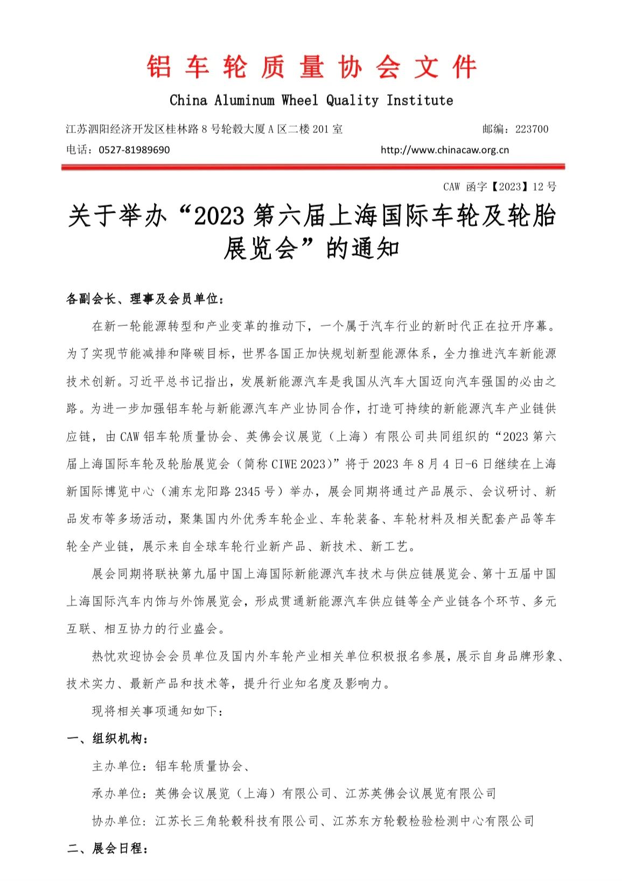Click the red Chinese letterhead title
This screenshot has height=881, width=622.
click(311, 68)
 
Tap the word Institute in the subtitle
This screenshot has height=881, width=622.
click(420, 100)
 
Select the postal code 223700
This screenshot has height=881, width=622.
click(532, 129)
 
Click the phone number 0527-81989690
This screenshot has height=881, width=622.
click(134, 150)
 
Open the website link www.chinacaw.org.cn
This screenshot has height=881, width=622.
click(444, 150)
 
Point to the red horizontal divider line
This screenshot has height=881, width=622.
click(312, 167)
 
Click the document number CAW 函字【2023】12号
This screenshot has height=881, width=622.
click(499, 187)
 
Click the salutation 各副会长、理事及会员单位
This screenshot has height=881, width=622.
click(142, 299)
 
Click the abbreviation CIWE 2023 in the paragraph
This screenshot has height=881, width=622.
click(298, 464)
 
